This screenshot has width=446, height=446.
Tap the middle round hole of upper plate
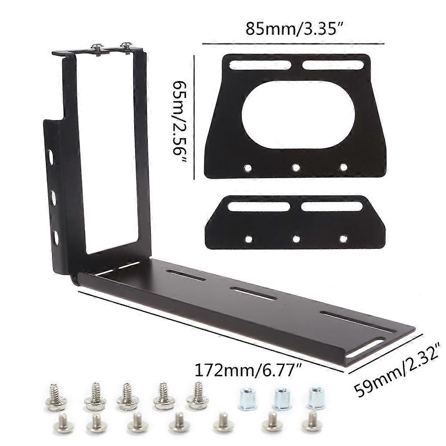[296, 167]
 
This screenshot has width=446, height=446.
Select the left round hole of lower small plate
[248, 239]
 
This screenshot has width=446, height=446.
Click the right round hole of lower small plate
[344, 239]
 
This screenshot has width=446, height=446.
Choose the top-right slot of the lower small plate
[332, 206]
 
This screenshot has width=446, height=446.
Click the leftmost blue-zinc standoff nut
[247, 398]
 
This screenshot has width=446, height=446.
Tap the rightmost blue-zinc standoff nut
[315, 398]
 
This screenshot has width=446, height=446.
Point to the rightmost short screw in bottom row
[312, 422]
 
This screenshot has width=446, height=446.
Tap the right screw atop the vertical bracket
[127, 47]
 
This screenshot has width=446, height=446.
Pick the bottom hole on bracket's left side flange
[56, 237]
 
